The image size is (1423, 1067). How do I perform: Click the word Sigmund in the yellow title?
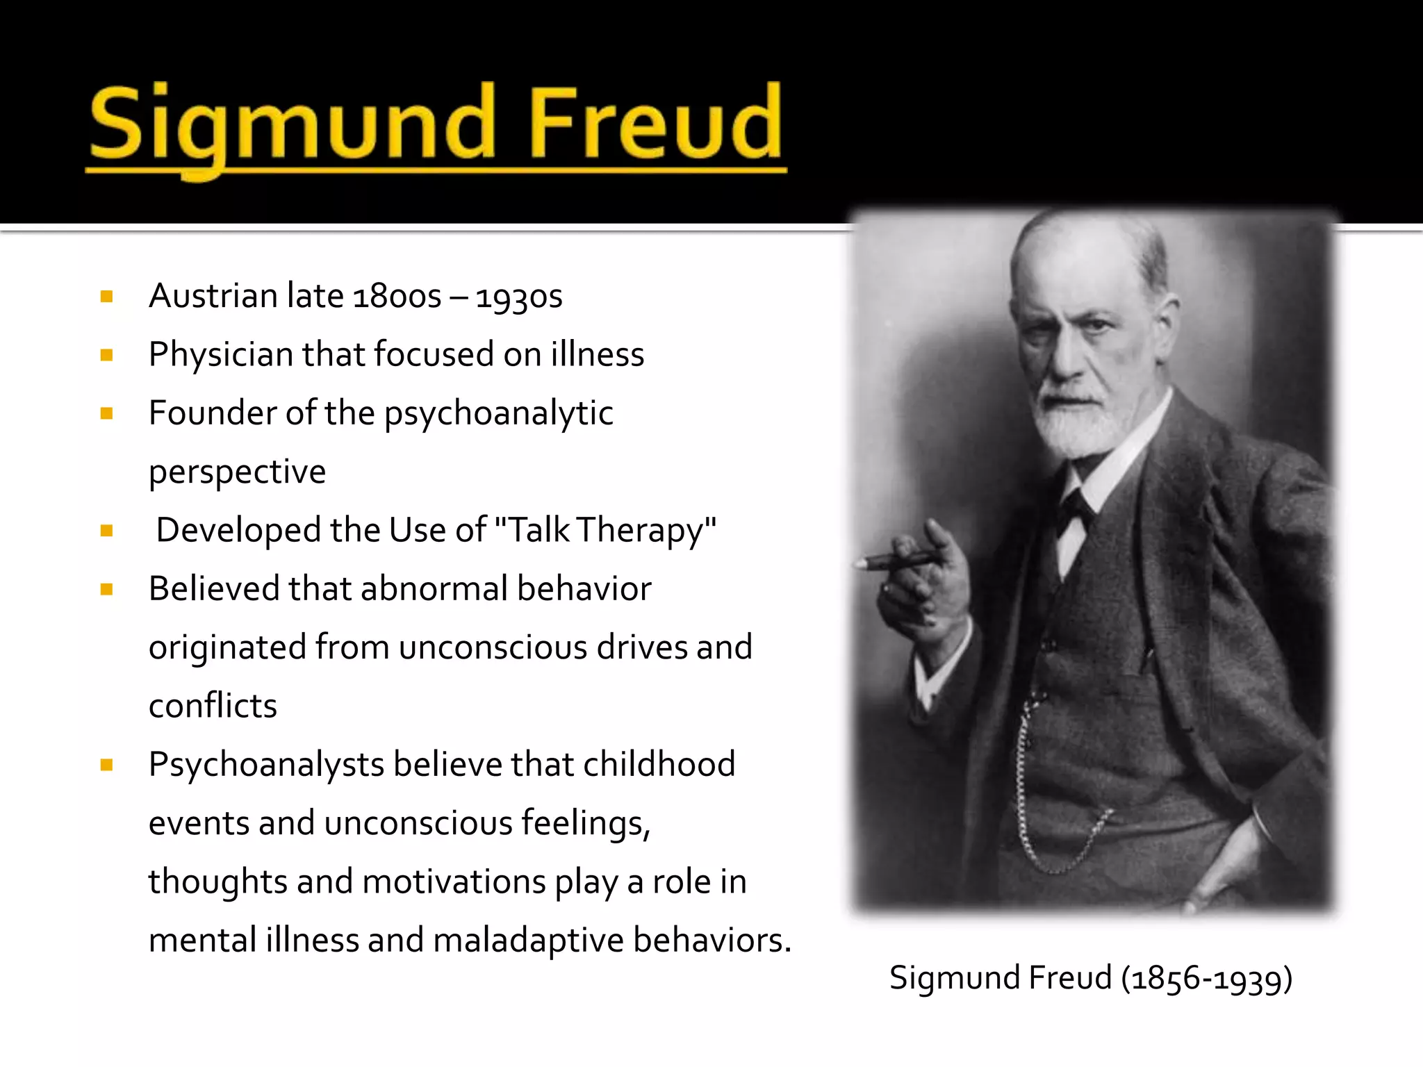click(x=292, y=125)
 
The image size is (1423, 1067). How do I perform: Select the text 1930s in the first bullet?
click(x=519, y=297)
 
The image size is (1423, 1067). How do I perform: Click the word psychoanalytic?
click(x=499, y=414)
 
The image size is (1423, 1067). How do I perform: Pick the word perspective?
click(x=237, y=472)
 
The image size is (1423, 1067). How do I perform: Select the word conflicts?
click(x=213, y=706)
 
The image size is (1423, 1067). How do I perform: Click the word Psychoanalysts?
click(x=266, y=766)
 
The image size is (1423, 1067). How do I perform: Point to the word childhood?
click(x=659, y=764)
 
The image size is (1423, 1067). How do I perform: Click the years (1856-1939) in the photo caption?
click(x=1207, y=978)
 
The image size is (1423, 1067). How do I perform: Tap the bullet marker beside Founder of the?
click(x=106, y=414)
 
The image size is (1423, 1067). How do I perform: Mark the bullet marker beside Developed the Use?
click(x=106, y=531)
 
